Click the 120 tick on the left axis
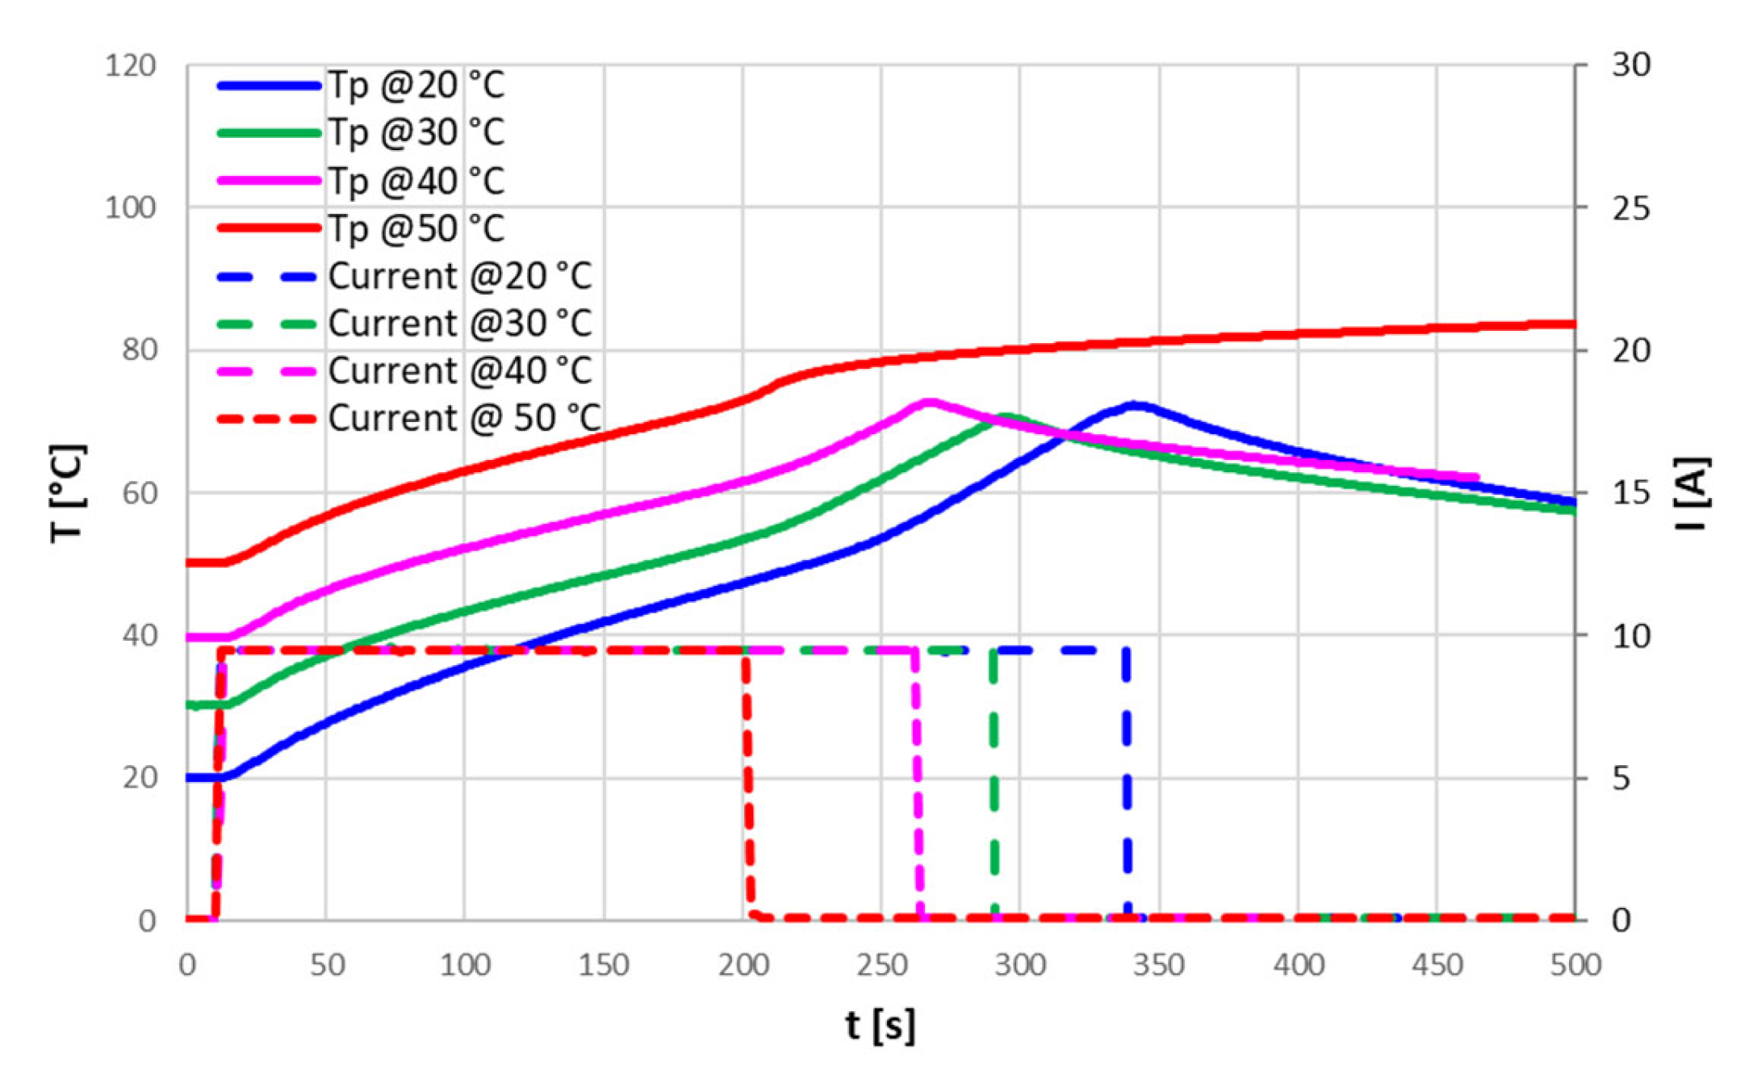131,65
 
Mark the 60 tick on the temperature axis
139,493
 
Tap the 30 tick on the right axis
1631,65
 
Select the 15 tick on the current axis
1631,493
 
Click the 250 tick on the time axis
881,965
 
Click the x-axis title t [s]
881,1026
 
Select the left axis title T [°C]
68,493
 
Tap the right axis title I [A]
1692,493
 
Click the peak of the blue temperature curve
1136,404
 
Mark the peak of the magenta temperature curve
930,401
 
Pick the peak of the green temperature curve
1006,417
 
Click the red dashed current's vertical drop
747,783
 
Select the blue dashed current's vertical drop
1127,783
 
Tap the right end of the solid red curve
1572,324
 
